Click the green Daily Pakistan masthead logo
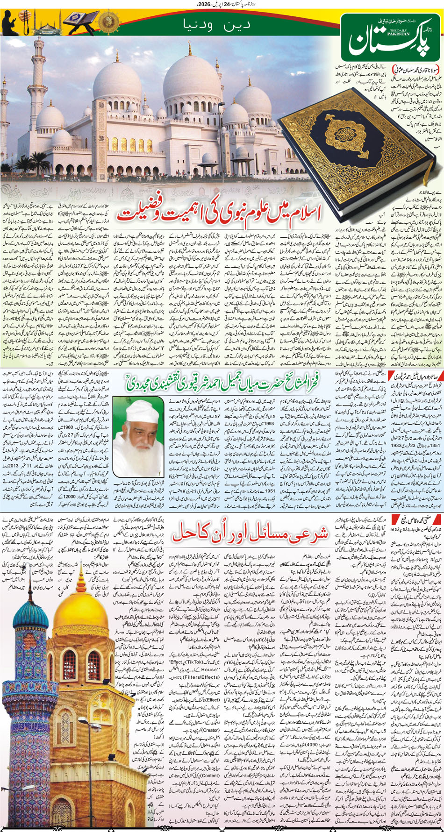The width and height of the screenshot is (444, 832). tap(390, 35)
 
